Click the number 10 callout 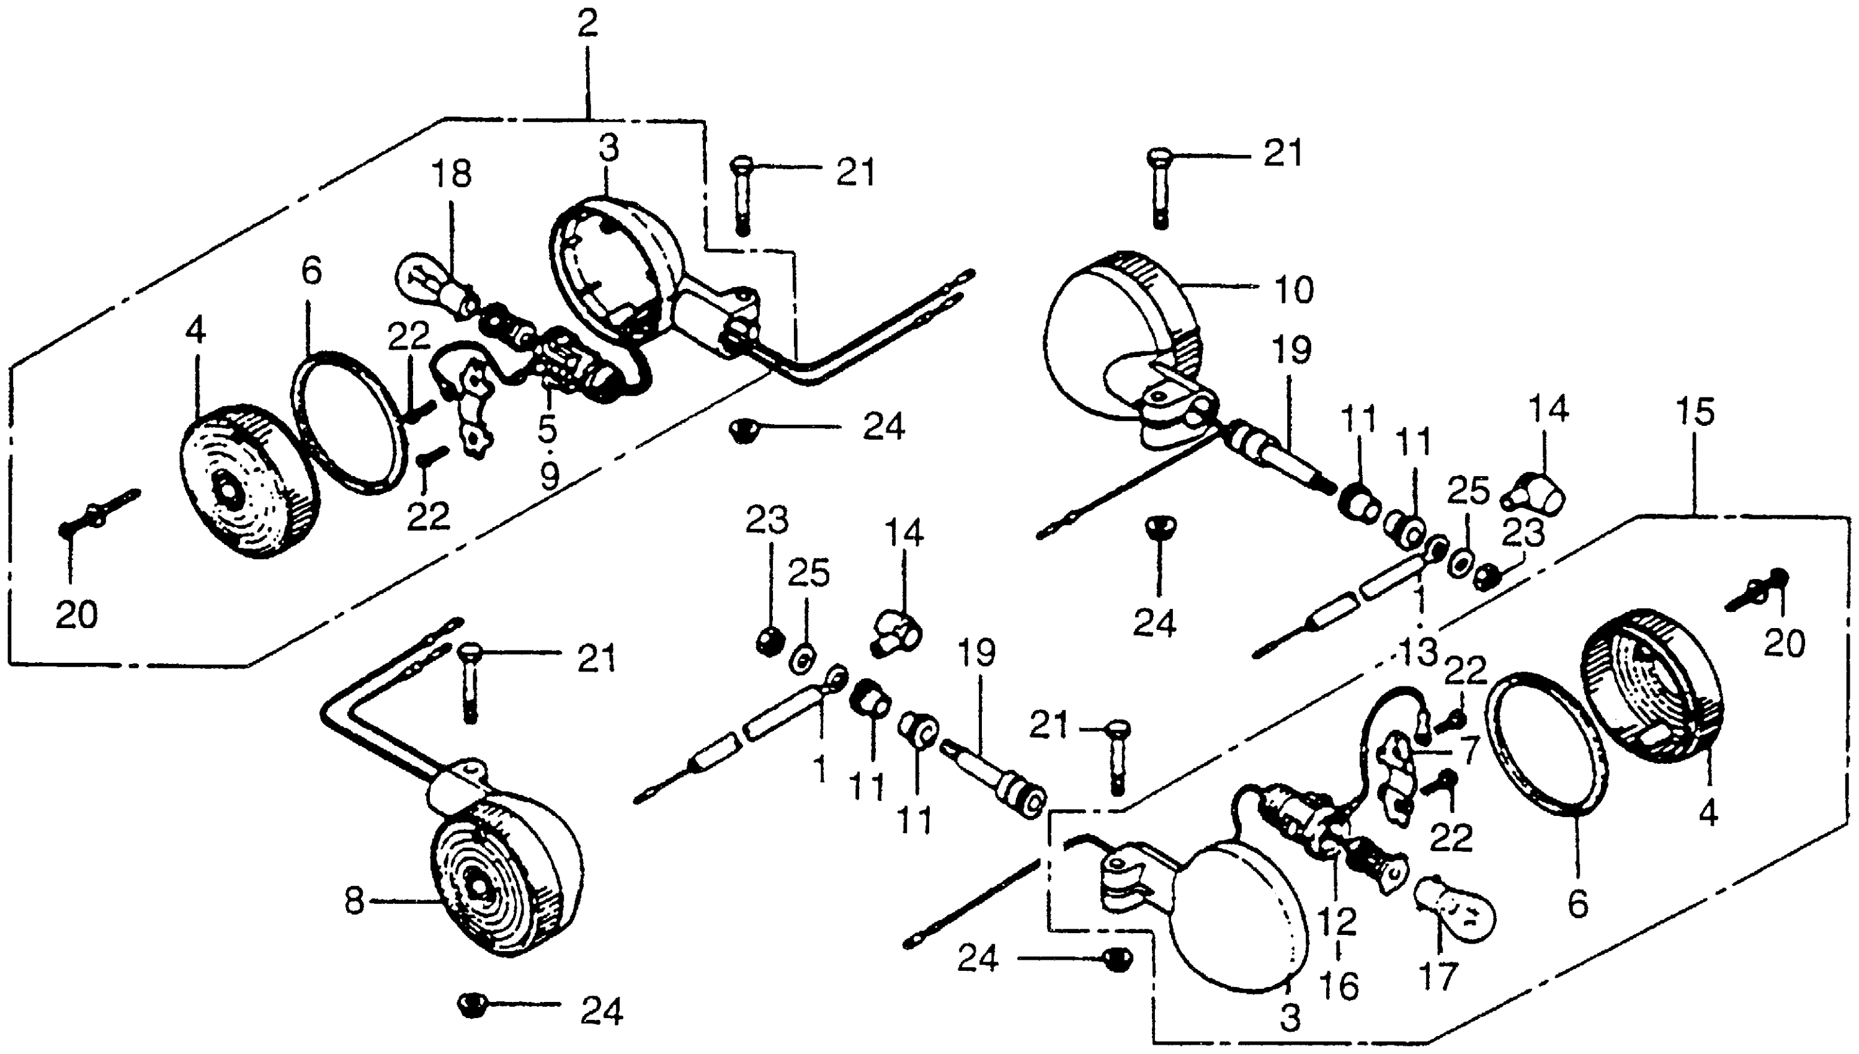pyautogui.click(x=1293, y=290)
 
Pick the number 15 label pyautogui.click(x=1695, y=411)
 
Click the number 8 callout pyautogui.click(x=354, y=902)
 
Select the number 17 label pyautogui.click(x=1438, y=976)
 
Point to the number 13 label pyautogui.click(x=1418, y=652)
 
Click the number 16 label pyautogui.click(x=1339, y=986)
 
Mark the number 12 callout pyautogui.click(x=1337, y=921)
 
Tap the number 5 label pyautogui.click(x=548, y=428)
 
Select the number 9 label pyautogui.click(x=550, y=476)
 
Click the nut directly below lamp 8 pyautogui.click(x=471, y=1005)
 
